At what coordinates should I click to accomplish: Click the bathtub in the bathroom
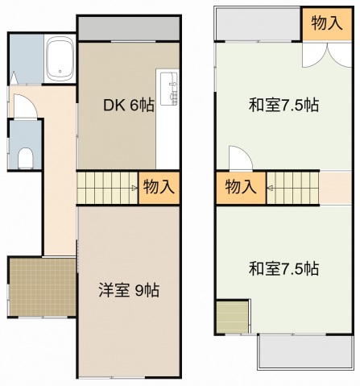pos(59,58)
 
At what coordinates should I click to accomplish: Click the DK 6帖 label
pos(124,105)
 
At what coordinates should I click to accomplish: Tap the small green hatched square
pos(232,317)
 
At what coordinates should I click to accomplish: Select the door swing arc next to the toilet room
pos(25,105)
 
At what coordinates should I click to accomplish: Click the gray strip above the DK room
pos(128,29)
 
